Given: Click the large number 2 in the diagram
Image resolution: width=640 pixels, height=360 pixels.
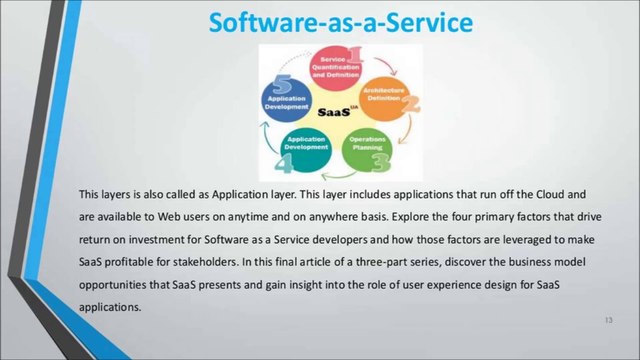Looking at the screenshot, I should point(409,103).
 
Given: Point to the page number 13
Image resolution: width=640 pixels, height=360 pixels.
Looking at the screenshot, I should point(607,320).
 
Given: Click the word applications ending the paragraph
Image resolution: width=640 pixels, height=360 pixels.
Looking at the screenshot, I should point(110,307).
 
